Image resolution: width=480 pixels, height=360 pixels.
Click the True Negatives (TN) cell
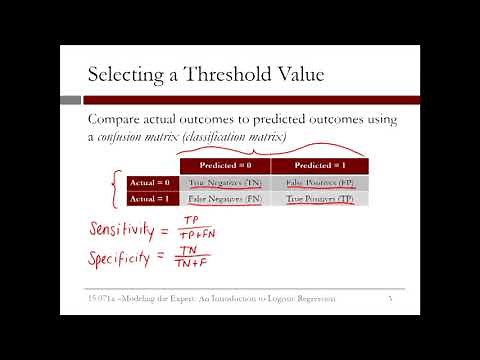224,183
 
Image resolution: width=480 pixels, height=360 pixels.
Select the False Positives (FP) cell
319,183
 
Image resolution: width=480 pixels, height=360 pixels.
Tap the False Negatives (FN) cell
224,200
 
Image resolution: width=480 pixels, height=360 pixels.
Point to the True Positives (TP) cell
319,200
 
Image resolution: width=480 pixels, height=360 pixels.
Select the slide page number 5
390,299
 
